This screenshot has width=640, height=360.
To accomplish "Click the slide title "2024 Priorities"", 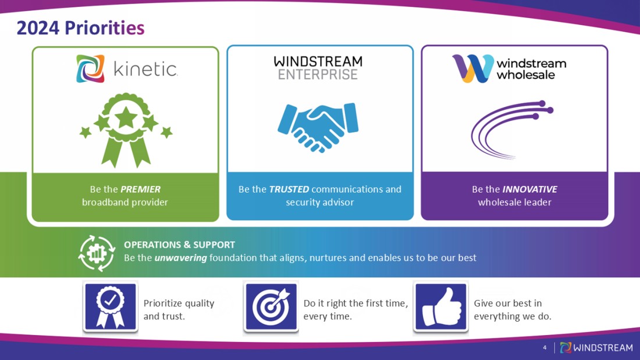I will point(80,27).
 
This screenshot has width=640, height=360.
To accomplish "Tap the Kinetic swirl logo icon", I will point(90,69).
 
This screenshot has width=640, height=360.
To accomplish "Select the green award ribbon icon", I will point(126,130).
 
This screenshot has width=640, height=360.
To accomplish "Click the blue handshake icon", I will point(318,127).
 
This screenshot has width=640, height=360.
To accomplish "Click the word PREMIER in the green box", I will point(140,189).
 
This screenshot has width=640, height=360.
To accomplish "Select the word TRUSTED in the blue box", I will point(289,189).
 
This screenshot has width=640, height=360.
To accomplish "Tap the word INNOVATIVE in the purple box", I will point(529,189).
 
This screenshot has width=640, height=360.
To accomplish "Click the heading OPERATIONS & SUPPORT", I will point(179,245).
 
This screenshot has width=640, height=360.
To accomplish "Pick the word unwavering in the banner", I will point(180,258).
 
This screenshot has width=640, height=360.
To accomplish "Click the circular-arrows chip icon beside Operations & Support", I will point(97,253).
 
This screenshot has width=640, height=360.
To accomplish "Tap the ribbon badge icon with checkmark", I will point(110,306).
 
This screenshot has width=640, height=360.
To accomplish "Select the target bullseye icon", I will point(271,306).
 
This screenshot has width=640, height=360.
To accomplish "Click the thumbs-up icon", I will point(440,306).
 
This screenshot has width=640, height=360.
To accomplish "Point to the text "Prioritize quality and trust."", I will point(179,310).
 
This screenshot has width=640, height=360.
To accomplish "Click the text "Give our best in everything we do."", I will point(512,310).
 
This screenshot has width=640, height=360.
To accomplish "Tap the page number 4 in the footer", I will point(545,348).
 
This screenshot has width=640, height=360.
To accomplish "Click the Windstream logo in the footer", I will point(596,348).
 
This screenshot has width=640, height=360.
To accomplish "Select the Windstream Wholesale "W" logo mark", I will point(471,69).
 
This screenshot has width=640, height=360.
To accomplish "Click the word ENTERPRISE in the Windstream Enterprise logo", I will point(318,75).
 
